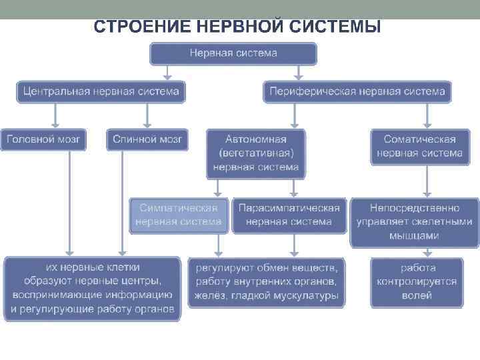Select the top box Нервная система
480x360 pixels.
point(233,53)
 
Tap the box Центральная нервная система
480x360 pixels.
point(101,91)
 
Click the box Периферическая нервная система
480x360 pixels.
point(357,91)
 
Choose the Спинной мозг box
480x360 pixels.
point(147,139)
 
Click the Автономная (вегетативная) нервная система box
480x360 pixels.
point(256,153)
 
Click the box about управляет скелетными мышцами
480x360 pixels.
point(414,222)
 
